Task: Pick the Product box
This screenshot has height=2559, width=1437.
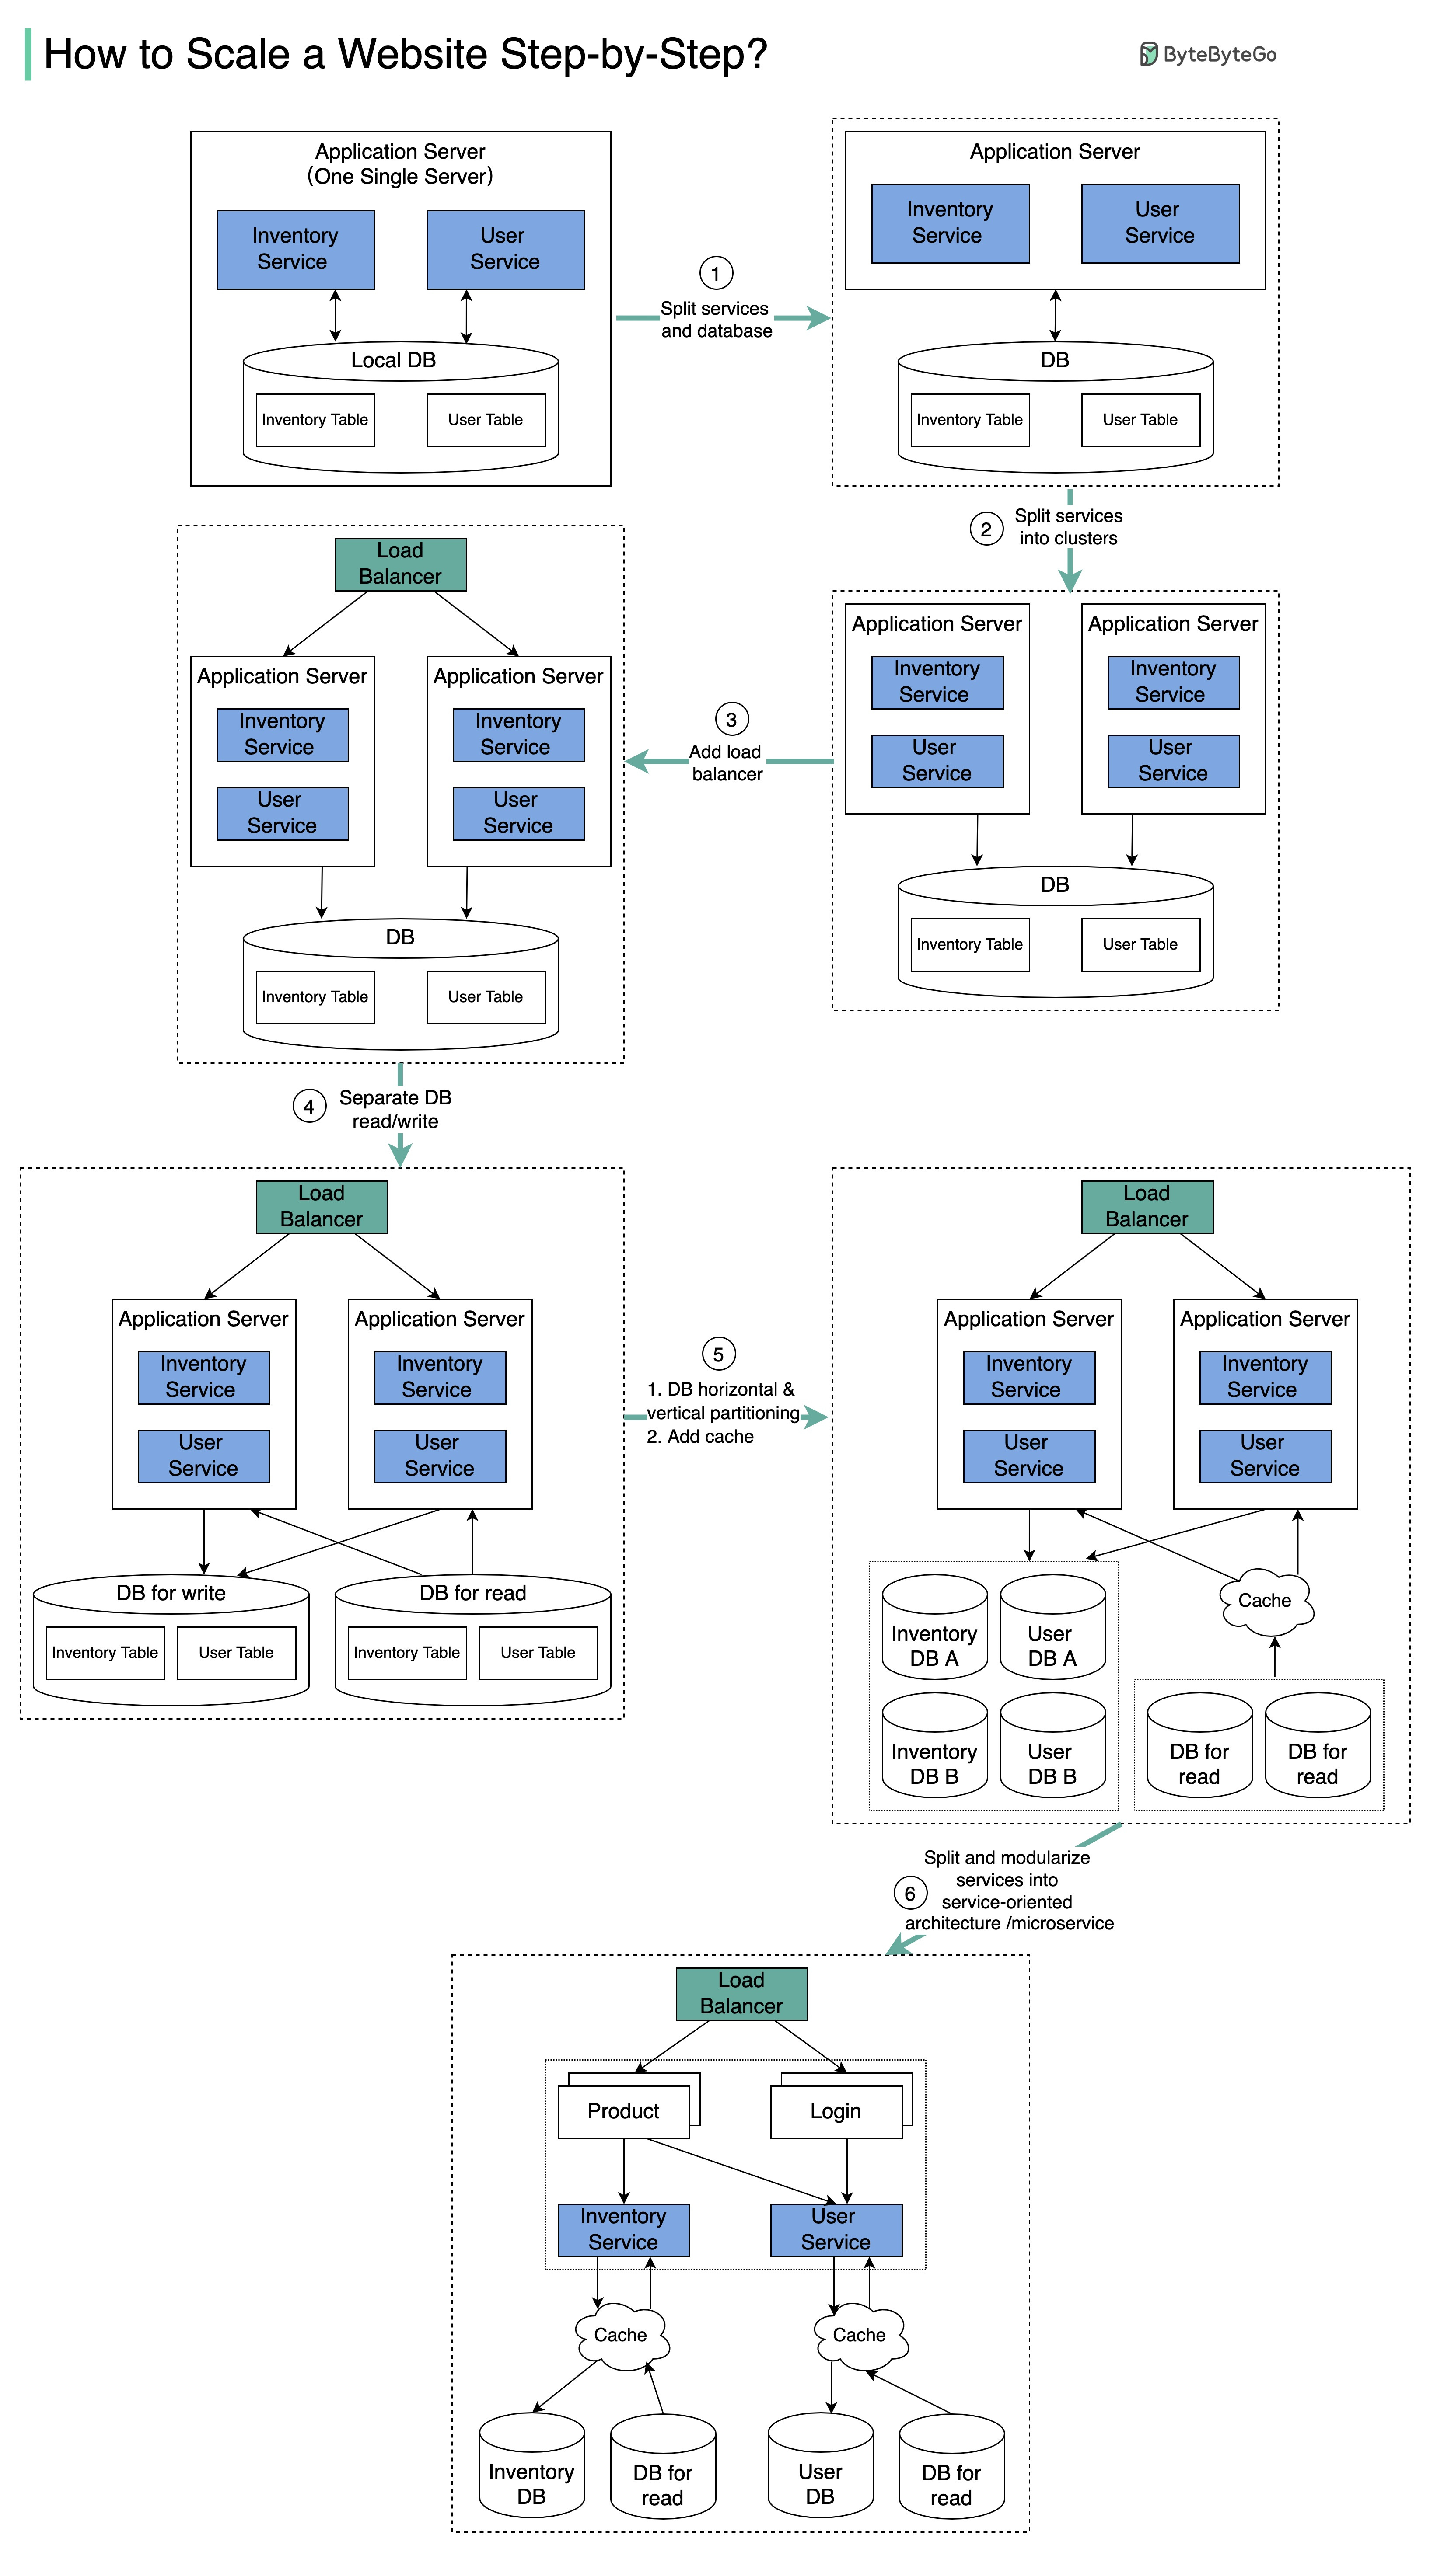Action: [x=623, y=2111]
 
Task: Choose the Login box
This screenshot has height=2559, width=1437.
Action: [x=836, y=2111]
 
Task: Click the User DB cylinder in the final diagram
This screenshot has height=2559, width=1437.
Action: [x=820, y=2474]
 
